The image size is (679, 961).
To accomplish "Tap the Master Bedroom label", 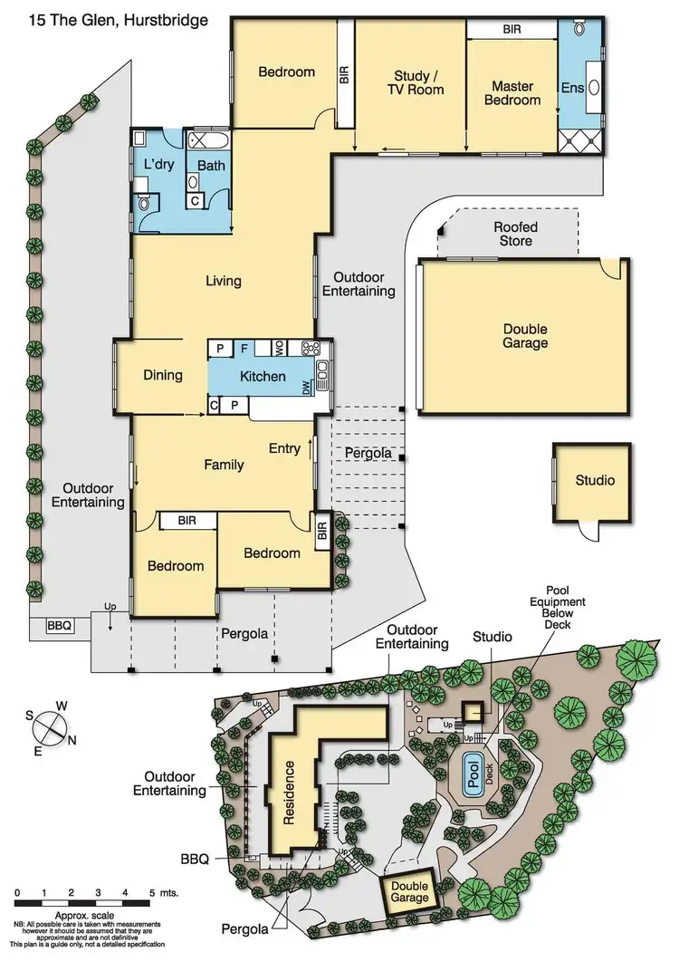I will pyautogui.click(x=512, y=93).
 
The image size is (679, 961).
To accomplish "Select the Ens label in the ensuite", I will pyautogui.click(x=572, y=89).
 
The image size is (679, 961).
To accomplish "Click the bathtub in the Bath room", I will pyautogui.click(x=209, y=141).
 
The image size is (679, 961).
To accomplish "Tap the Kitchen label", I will pyautogui.click(x=263, y=376).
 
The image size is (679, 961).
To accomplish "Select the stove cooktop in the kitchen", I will pyautogui.click(x=311, y=348).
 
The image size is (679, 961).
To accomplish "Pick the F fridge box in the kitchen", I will pyautogui.click(x=244, y=348).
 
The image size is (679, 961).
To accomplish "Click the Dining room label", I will pyautogui.click(x=163, y=375).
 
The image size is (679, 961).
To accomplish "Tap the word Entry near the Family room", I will pyautogui.click(x=284, y=448).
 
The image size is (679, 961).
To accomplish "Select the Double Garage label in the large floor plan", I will pyautogui.click(x=525, y=336).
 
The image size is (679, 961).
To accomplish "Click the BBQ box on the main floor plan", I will pyautogui.click(x=59, y=625).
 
